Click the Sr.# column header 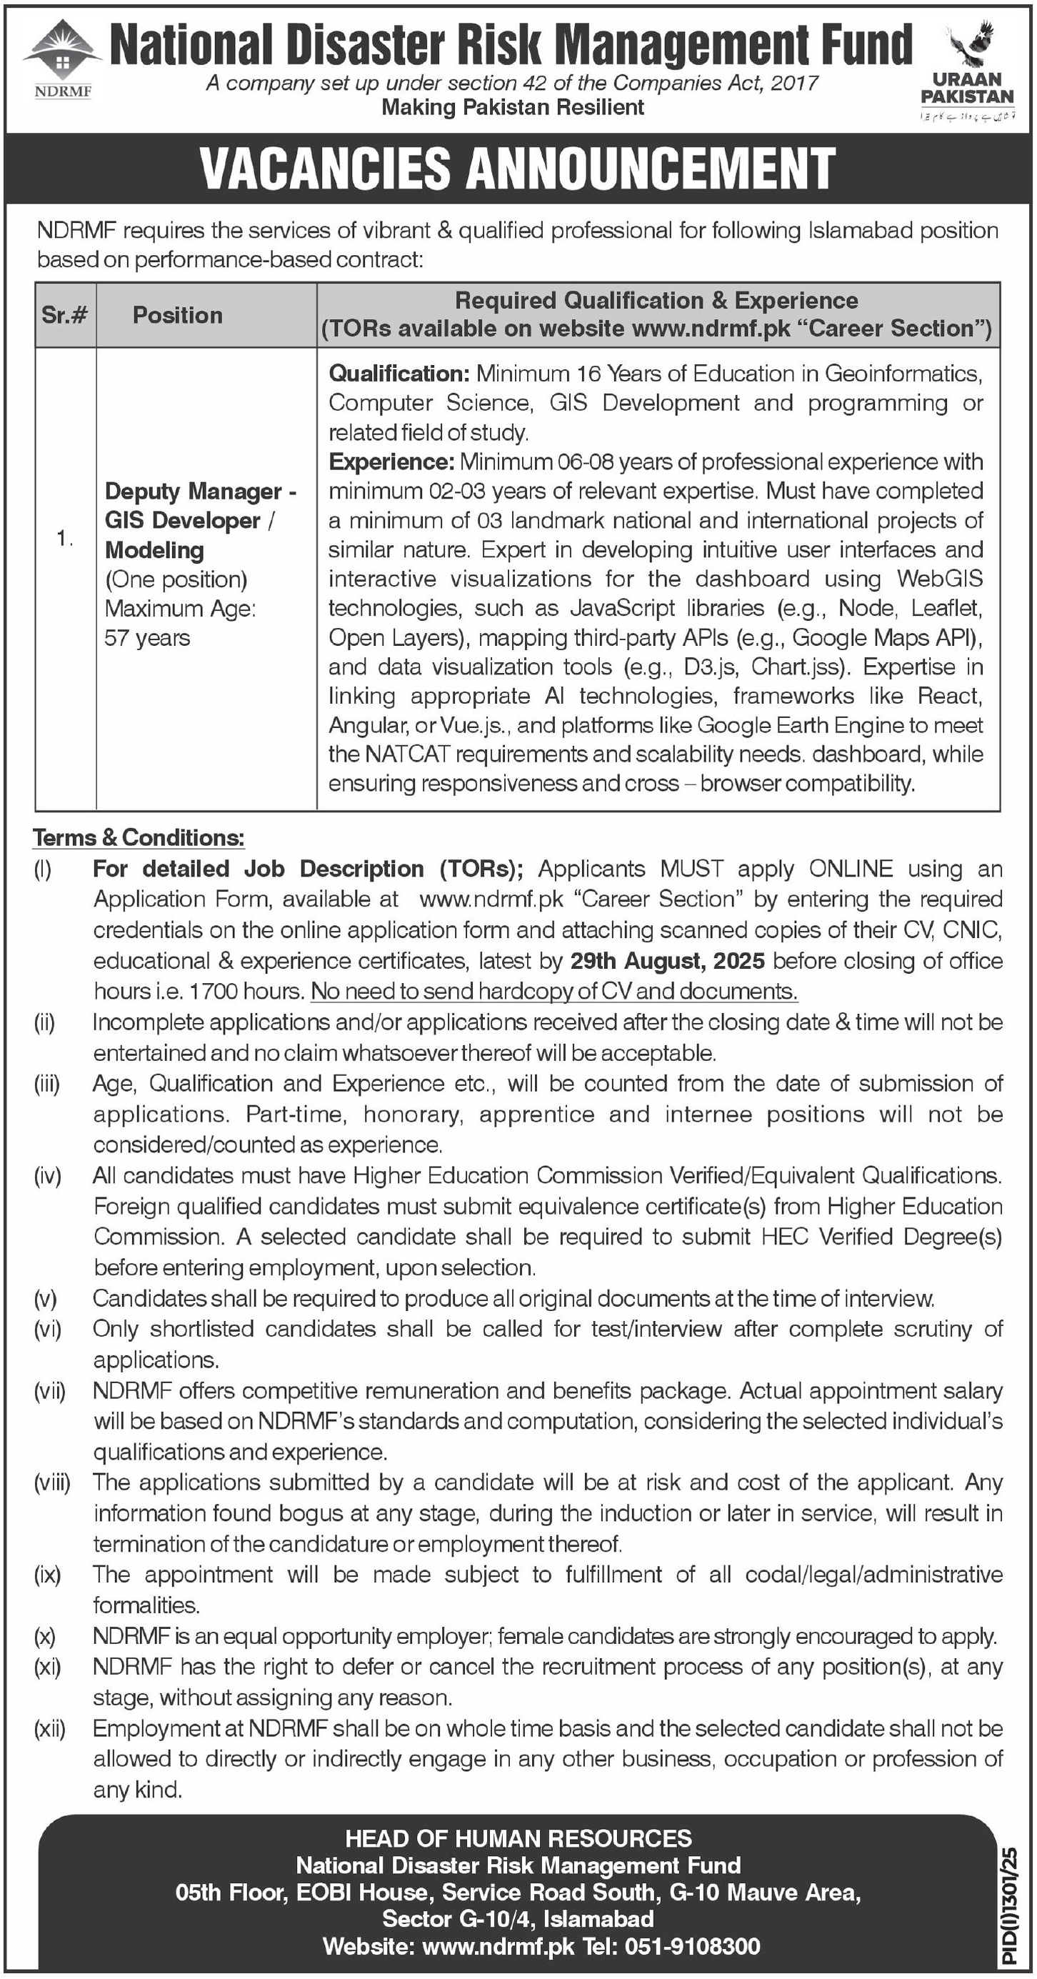[64, 315]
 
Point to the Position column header [177, 315]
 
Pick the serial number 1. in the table [64, 539]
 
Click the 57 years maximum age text [148, 638]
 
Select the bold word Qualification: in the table [399, 374]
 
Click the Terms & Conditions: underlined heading [139, 837]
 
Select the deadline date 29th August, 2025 [667, 960]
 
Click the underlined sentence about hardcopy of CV [553, 991]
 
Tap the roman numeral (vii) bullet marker [49, 1390]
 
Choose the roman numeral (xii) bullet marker [49, 1728]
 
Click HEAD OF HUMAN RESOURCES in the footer [518, 1838]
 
